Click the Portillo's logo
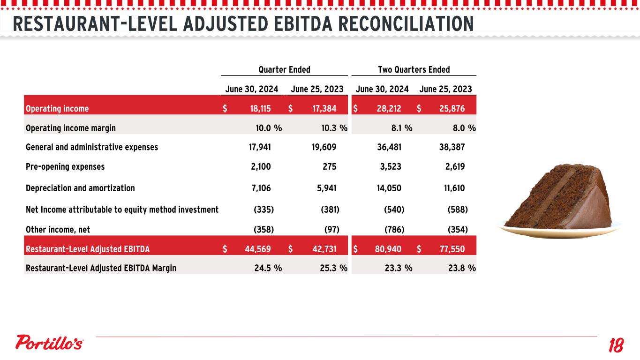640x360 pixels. pos(50,343)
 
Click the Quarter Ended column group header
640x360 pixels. pos(284,70)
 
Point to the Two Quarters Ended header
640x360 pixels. pos(414,70)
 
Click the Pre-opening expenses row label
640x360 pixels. pos(65,166)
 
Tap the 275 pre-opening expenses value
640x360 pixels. pos(329,166)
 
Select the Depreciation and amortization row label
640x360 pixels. pos(80,188)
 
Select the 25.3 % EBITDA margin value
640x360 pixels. pos(331,268)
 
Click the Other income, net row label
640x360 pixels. pos(58,229)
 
